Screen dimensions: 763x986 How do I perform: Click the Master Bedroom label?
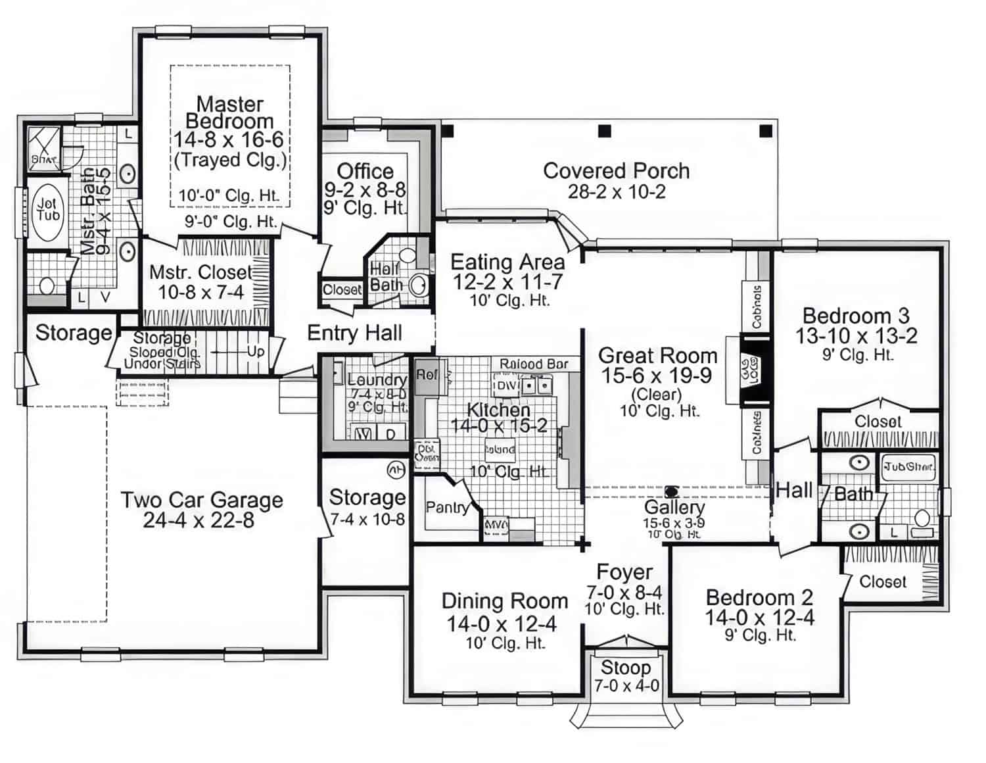tap(229, 112)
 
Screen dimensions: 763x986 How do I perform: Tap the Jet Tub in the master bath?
tap(47, 211)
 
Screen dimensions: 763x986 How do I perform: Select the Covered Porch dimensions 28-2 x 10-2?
tap(616, 191)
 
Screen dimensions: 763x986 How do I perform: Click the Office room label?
tap(365, 172)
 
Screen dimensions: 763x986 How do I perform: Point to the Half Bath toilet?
tap(417, 285)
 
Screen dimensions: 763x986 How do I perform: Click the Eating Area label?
tap(507, 262)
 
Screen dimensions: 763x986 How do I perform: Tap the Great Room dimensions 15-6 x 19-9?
tap(657, 376)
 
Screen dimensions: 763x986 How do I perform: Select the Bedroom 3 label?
tap(856, 316)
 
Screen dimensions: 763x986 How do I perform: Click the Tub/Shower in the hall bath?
tap(908, 466)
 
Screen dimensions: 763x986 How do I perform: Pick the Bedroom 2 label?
tap(759, 597)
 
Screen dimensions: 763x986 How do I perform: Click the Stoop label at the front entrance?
tap(625, 668)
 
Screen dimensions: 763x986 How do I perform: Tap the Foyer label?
tap(624, 572)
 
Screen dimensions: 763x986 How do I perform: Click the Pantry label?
tap(447, 507)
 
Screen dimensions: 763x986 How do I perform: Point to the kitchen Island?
tap(500, 450)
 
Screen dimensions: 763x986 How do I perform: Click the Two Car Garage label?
tap(201, 500)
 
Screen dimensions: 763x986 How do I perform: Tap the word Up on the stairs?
tap(256, 351)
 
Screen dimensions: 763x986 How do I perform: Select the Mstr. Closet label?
tap(200, 272)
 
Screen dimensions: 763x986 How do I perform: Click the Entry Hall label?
tap(354, 333)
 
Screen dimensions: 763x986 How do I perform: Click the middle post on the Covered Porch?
tap(604, 131)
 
